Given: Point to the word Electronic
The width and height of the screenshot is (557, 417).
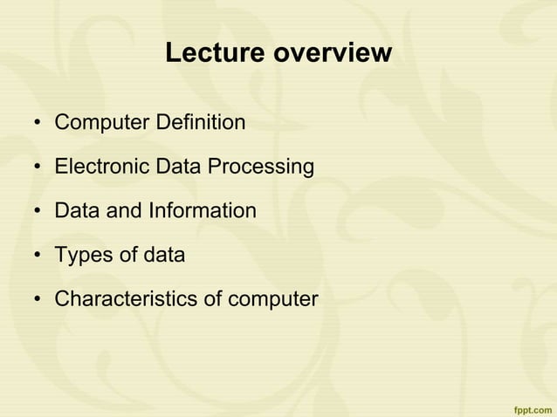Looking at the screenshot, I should tap(101, 166).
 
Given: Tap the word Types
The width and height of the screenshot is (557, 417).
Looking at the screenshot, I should tap(80, 256).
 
